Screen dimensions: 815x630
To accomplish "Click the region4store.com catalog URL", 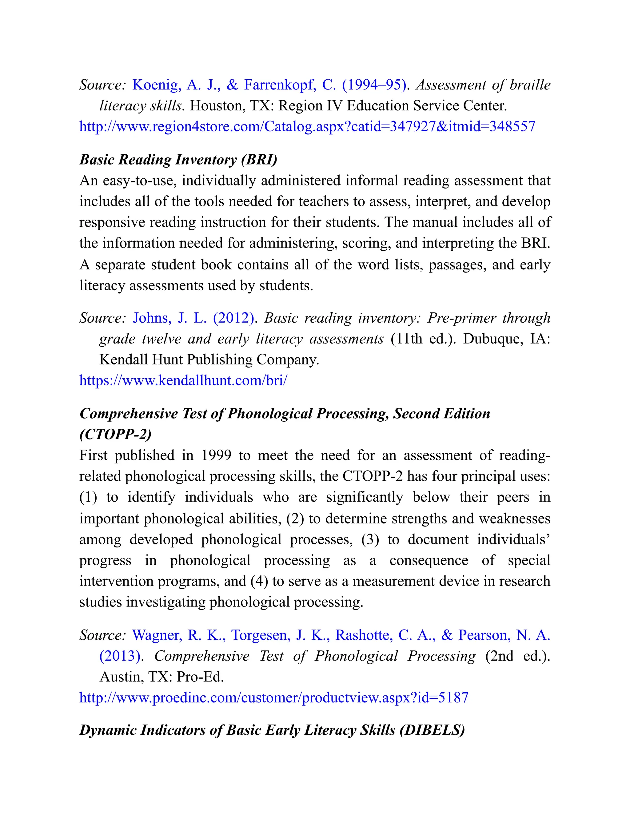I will [307, 126].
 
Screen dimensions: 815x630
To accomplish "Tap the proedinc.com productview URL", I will [273, 698].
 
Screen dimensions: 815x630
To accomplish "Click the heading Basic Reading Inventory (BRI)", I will [178, 159].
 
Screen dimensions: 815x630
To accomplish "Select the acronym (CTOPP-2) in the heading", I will [115, 434].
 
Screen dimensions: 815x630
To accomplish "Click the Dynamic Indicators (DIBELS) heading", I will [272, 730].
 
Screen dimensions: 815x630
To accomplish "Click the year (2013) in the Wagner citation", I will [120, 656].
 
